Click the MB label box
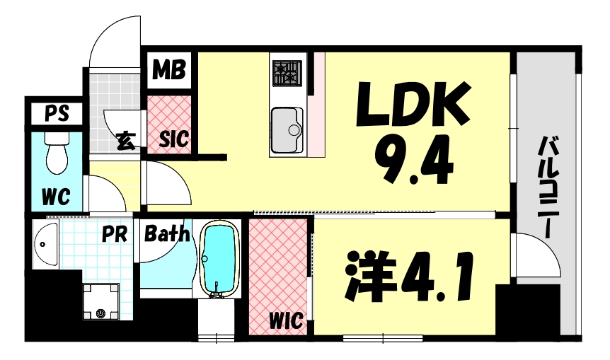click(169, 70)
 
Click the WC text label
click(54, 196)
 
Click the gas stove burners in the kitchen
click(287, 72)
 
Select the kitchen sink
click(287, 130)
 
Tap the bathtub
click(221, 258)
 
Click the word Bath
click(167, 233)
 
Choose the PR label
click(113, 233)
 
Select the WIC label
click(286, 320)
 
